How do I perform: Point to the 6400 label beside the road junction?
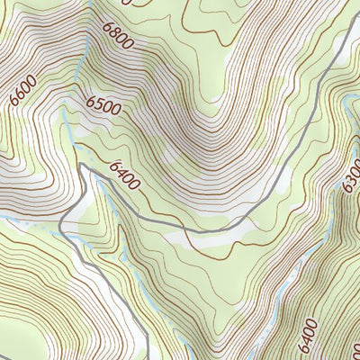tap(124, 175)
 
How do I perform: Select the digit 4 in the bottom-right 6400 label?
tap(307, 339)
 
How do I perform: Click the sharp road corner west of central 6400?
tap(82, 166)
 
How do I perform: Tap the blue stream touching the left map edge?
tap(7, 217)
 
